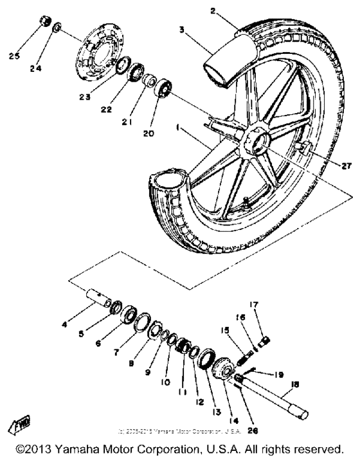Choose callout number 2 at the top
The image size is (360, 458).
pos(212,10)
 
